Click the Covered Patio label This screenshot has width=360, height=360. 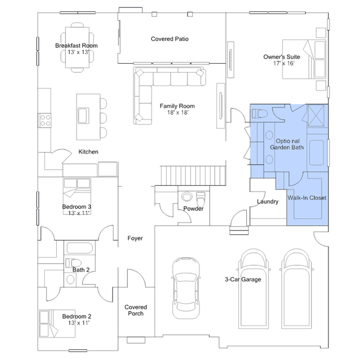pos(170,39)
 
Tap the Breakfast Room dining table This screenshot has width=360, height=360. pos(77,47)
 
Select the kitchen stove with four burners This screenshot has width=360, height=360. pos(45,121)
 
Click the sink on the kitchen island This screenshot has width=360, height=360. pos(83,115)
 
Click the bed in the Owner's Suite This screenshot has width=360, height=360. pos(304,59)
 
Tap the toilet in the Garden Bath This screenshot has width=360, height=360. pos(260,114)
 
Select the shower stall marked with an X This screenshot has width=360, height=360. pos(316,115)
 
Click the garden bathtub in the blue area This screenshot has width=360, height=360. pos(317,153)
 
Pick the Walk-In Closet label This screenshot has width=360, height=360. pos(306,198)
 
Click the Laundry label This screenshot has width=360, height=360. pos(268,202)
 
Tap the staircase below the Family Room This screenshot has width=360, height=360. pos(193,175)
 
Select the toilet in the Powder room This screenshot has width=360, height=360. pos(201,199)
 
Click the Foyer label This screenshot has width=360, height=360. pos(135,238)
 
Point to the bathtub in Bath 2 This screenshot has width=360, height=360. pos(79,248)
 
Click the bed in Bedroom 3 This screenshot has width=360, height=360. pos(77,196)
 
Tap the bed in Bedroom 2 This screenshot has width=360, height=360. pos(57,323)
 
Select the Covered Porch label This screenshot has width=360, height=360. pos(135,310)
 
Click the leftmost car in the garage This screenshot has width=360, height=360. pos(186,288)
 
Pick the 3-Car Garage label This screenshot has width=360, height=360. pos(243,279)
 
